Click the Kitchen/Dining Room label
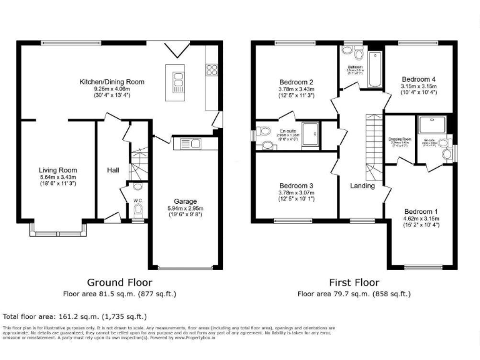(112, 82)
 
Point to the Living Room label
(57, 170)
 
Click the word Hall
(112, 170)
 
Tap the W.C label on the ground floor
(137, 201)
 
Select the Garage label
(186, 201)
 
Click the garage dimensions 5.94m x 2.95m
(186, 208)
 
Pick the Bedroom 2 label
(296, 82)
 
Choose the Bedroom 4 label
(419, 79)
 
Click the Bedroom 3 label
(296, 186)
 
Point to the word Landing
(362, 186)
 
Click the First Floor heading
(354, 282)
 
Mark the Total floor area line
(75, 316)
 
